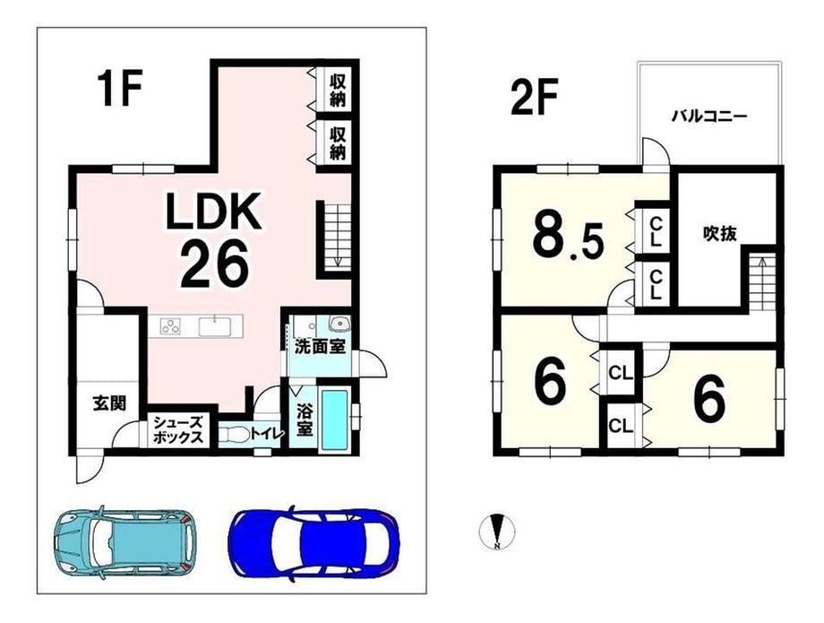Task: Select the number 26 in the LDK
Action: point(214,264)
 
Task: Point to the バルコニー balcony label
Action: point(710,117)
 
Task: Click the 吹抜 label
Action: point(719,233)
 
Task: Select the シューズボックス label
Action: point(177,429)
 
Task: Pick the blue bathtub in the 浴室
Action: point(335,420)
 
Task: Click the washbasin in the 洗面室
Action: point(339,323)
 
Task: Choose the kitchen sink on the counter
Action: point(215,326)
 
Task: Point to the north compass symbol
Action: point(497,532)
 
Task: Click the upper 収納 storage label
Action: point(338,90)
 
